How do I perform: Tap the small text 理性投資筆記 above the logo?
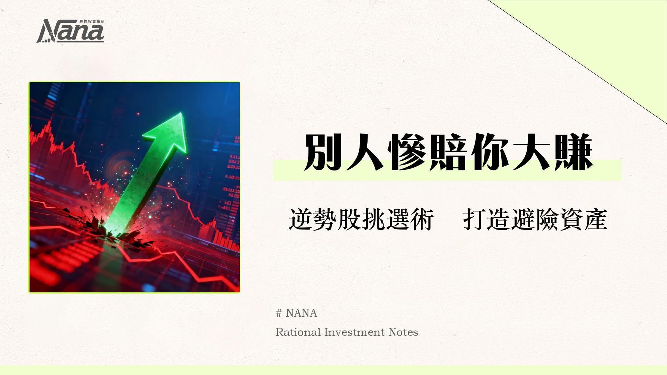(92, 22)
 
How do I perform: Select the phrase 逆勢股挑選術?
(361, 219)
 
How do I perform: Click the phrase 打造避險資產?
(535, 219)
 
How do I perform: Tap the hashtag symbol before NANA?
(279, 314)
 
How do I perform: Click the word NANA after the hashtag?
(301, 313)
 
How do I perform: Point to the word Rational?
(298, 332)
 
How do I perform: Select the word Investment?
(355, 332)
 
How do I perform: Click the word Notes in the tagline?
(403, 332)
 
